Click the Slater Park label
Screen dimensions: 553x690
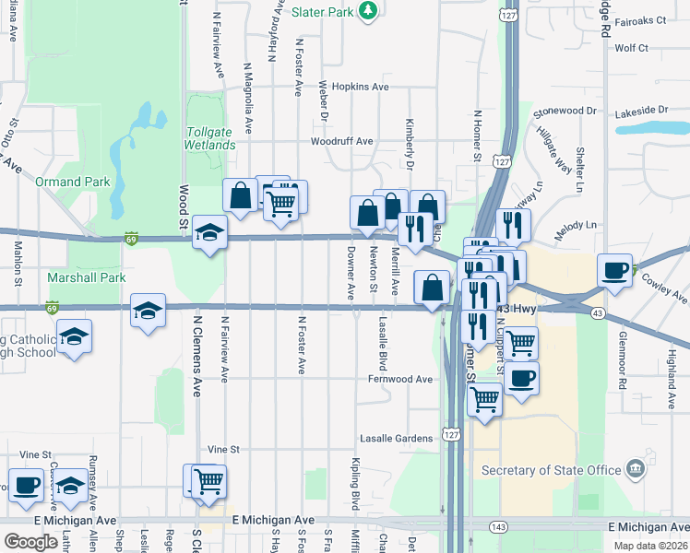click(x=323, y=12)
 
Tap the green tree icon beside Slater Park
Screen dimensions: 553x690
click(x=368, y=10)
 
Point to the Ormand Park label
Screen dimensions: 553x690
click(x=73, y=182)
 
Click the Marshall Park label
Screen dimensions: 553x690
click(x=74, y=276)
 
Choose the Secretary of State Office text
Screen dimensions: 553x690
click(x=551, y=470)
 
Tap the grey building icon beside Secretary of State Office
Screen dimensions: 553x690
click(x=635, y=469)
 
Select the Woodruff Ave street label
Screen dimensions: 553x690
click(x=341, y=141)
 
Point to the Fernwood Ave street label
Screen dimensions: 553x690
click(x=399, y=379)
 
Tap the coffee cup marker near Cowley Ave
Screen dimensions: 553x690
click(x=615, y=270)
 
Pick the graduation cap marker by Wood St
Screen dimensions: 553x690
click(x=209, y=232)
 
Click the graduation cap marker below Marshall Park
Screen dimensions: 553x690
click(x=149, y=311)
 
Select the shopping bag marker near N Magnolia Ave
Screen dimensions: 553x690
click(x=240, y=196)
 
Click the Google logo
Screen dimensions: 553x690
click(x=30, y=541)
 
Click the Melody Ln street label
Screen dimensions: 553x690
click(x=576, y=225)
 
